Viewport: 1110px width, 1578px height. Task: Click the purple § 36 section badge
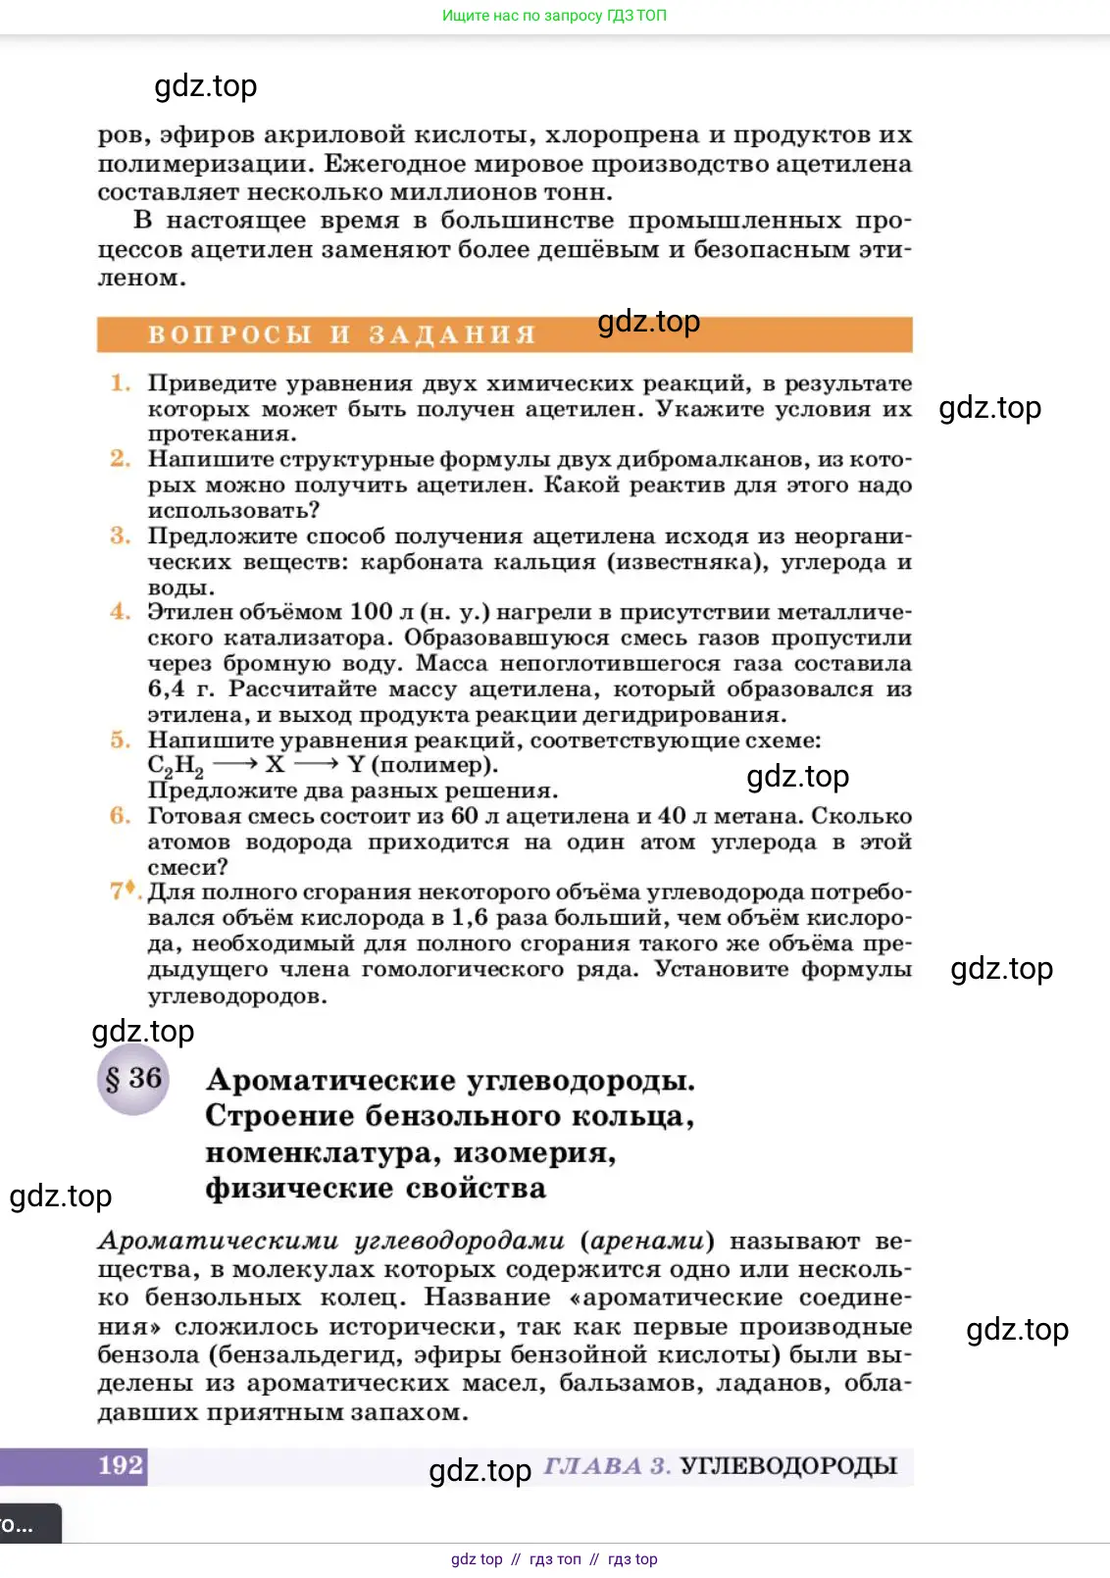point(133,1079)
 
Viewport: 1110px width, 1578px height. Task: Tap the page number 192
point(121,1465)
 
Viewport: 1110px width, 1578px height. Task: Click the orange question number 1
point(120,383)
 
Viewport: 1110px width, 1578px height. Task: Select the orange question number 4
point(120,612)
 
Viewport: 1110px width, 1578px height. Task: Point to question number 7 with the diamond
point(123,891)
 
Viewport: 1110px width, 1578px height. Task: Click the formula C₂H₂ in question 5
point(176,766)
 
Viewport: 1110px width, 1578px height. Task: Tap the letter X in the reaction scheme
point(275,765)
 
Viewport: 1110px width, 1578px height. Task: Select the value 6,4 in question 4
point(166,689)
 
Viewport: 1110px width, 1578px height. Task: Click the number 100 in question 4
point(371,612)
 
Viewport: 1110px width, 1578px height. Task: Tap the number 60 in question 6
point(464,816)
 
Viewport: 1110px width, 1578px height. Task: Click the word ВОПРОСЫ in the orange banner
point(229,335)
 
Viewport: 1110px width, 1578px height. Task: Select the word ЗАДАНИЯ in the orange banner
point(452,335)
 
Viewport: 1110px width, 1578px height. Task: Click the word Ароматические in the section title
point(331,1081)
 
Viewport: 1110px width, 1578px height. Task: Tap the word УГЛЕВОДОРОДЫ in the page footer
point(788,1466)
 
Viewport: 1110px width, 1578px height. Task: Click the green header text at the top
point(554,16)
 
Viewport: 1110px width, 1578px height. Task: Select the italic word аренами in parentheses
point(647,1242)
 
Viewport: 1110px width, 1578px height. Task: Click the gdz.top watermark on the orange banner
point(648,322)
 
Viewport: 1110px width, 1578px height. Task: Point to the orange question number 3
point(120,536)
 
